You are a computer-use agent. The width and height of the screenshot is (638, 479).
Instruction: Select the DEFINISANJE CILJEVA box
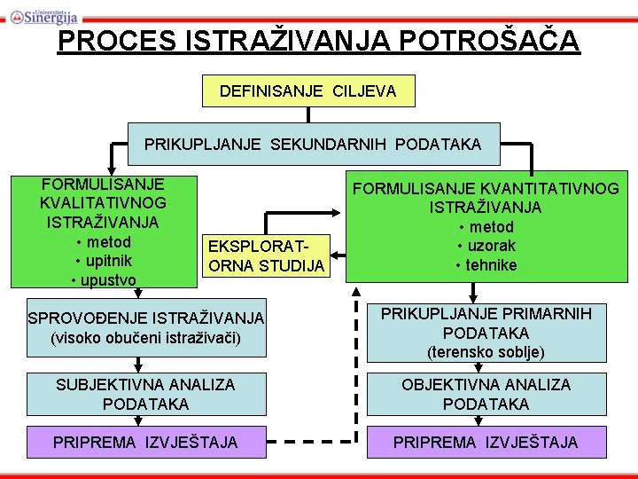click(307, 90)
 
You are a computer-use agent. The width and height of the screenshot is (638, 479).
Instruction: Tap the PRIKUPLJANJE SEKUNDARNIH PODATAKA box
click(313, 144)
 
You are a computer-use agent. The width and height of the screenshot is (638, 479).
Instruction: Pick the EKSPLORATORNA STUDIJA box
click(267, 255)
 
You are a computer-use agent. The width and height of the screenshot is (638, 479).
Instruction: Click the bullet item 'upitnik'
click(104, 261)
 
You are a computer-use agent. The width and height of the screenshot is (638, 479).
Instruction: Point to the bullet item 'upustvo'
click(103, 280)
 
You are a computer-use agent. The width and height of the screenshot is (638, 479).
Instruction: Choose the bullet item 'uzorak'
click(486, 246)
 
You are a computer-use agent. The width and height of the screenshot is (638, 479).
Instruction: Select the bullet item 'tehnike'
click(486, 265)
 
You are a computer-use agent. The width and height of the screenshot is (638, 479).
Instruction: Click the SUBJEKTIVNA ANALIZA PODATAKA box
click(145, 394)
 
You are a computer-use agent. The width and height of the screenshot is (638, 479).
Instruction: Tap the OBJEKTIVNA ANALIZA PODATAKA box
click(486, 394)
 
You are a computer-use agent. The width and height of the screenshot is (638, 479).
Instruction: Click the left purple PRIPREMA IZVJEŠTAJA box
click(145, 442)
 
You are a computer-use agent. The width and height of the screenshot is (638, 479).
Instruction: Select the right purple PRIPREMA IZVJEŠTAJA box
click(486, 442)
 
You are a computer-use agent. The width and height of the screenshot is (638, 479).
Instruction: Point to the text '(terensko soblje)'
click(486, 352)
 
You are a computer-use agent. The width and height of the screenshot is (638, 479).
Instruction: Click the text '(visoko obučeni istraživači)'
click(146, 338)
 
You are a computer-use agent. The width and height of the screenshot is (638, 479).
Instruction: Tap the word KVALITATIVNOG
click(103, 203)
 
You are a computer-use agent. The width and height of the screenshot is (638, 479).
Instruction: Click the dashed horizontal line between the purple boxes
click(306, 442)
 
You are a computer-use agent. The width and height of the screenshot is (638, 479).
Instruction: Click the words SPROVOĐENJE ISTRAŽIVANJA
click(146, 318)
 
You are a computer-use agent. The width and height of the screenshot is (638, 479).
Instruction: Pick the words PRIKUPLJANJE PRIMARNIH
click(486, 313)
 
